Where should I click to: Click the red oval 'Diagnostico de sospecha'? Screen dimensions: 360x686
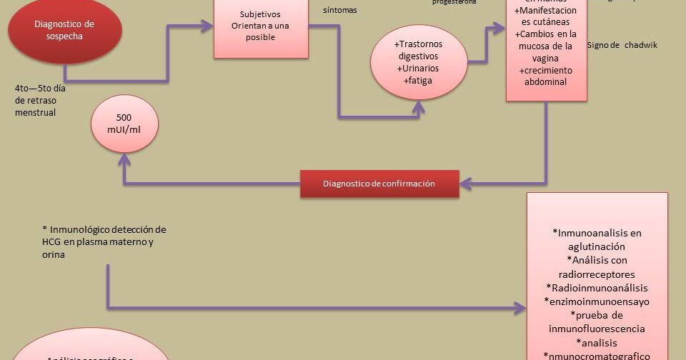pos(64,30)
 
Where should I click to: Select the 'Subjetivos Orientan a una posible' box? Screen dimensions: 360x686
pos(261,26)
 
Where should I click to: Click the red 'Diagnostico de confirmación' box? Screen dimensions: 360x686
pos(379,184)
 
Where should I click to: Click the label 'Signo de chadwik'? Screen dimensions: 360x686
pos(621,45)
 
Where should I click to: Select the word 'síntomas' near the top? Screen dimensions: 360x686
pos(339,10)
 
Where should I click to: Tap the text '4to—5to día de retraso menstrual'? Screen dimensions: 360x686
pos(44,100)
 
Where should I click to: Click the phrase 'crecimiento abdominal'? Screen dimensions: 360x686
pos(546,76)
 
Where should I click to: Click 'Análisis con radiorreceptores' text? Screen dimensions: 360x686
pos(597,267)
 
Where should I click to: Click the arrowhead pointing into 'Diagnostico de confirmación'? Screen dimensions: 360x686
pos(464,184)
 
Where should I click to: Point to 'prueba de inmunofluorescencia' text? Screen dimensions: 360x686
pos(597,321)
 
